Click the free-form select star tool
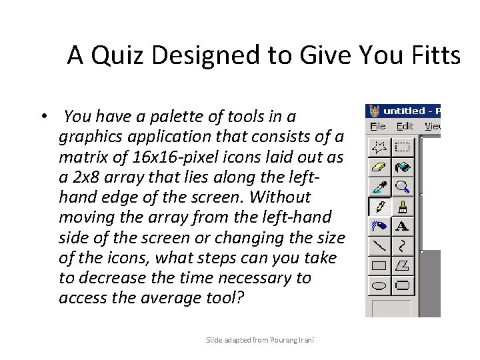click(379, 147)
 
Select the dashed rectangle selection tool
click(402, 147)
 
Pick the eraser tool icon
click(379, 167)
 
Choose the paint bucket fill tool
click(402, 167)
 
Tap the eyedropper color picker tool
click(379, 187)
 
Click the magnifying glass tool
click(402, 187)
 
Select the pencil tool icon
click(379, 207)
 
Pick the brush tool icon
click(402, 207)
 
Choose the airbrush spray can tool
click(379, 226)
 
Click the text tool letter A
click(402, 226)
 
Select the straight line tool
click(379, 246)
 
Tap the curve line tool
click(402, 246)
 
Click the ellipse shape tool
click(379, 285)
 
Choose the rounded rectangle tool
click(402, 285)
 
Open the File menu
click(378, 126)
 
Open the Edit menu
click(405, 126)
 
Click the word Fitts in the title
click(437, 55)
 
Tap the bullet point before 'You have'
click(43, 117)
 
